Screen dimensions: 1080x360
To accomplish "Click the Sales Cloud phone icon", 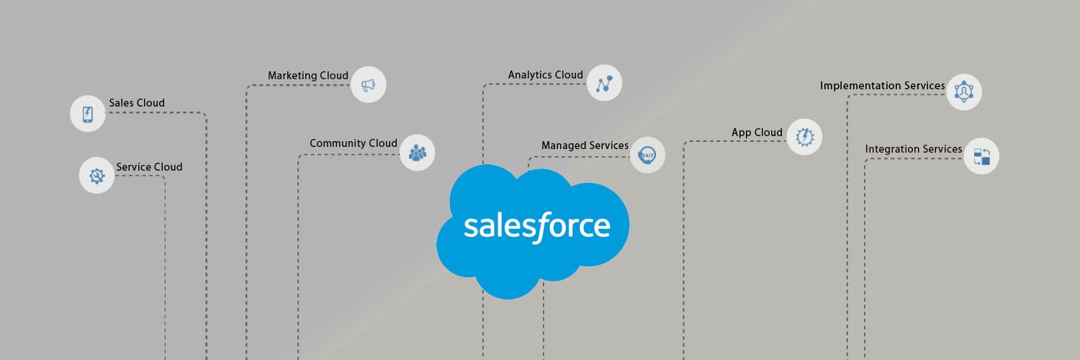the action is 88,114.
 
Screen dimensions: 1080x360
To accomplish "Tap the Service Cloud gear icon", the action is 97,176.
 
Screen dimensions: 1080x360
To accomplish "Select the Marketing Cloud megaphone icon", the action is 369,85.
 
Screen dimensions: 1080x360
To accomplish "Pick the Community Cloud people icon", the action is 418,153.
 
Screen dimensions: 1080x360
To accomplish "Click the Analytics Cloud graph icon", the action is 604,83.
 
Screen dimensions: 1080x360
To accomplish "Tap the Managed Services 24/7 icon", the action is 647,155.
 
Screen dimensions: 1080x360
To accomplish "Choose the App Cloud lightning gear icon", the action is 804,137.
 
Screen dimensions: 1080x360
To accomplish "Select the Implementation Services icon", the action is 964,91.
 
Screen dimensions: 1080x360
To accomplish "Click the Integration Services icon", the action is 981,156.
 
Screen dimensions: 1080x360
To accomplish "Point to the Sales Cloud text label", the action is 137,103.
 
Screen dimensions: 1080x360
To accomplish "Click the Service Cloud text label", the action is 149,167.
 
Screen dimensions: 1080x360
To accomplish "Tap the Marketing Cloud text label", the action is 308,76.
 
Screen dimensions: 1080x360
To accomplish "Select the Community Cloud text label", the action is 354,143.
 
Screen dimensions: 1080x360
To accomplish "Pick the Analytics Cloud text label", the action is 545,75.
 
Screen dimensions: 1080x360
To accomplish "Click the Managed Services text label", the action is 585,145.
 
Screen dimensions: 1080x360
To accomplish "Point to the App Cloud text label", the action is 757,132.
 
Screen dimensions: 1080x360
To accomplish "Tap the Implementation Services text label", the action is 882,85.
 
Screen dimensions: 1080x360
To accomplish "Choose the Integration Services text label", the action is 913,149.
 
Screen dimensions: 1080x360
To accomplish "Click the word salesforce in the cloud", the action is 536,227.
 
